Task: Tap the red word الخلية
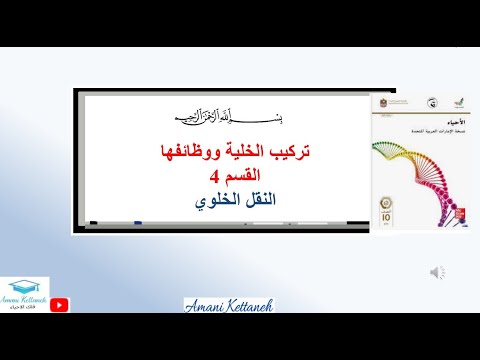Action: pyautogui.click(x=245, y=153)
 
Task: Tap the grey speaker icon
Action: pyautogui.click(x=439, y=271)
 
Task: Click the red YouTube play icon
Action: pyautogui.click(x=59, y=306)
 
